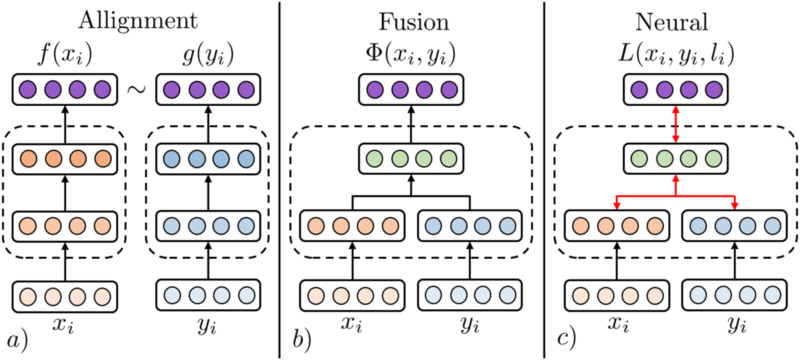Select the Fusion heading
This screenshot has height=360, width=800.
[414, 22]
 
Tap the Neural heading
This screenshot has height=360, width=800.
[671, 22]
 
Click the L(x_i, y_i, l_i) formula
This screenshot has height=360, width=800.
[676, 54]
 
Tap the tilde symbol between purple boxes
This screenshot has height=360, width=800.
[136, 89]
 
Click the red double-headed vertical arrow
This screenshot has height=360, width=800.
[676, 124]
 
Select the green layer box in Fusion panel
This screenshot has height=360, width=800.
[411, 159]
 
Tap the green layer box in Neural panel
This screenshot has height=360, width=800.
[676, 159]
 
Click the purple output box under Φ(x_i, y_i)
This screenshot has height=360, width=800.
[411, 89]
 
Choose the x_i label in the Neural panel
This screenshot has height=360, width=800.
[618, 324]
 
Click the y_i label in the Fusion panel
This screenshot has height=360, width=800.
[470, 325]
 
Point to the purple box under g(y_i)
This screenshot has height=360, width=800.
[208, 89]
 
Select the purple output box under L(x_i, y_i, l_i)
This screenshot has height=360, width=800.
[676, 89]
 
